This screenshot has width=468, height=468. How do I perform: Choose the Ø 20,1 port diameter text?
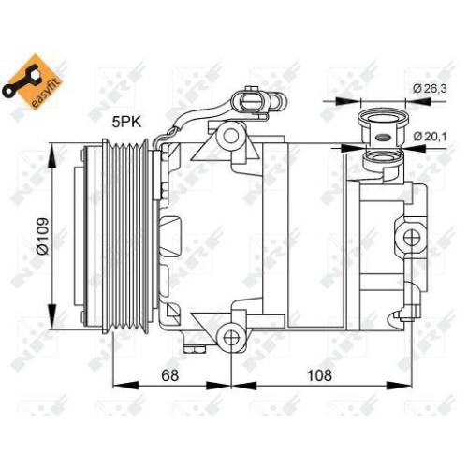(x=431, y=137)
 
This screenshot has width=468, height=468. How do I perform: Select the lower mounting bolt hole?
(x=229, y=335)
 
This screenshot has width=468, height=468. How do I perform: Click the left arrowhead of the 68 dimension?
(x=116, y=385)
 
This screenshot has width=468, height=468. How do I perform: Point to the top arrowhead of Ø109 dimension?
(x=51, y=146)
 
